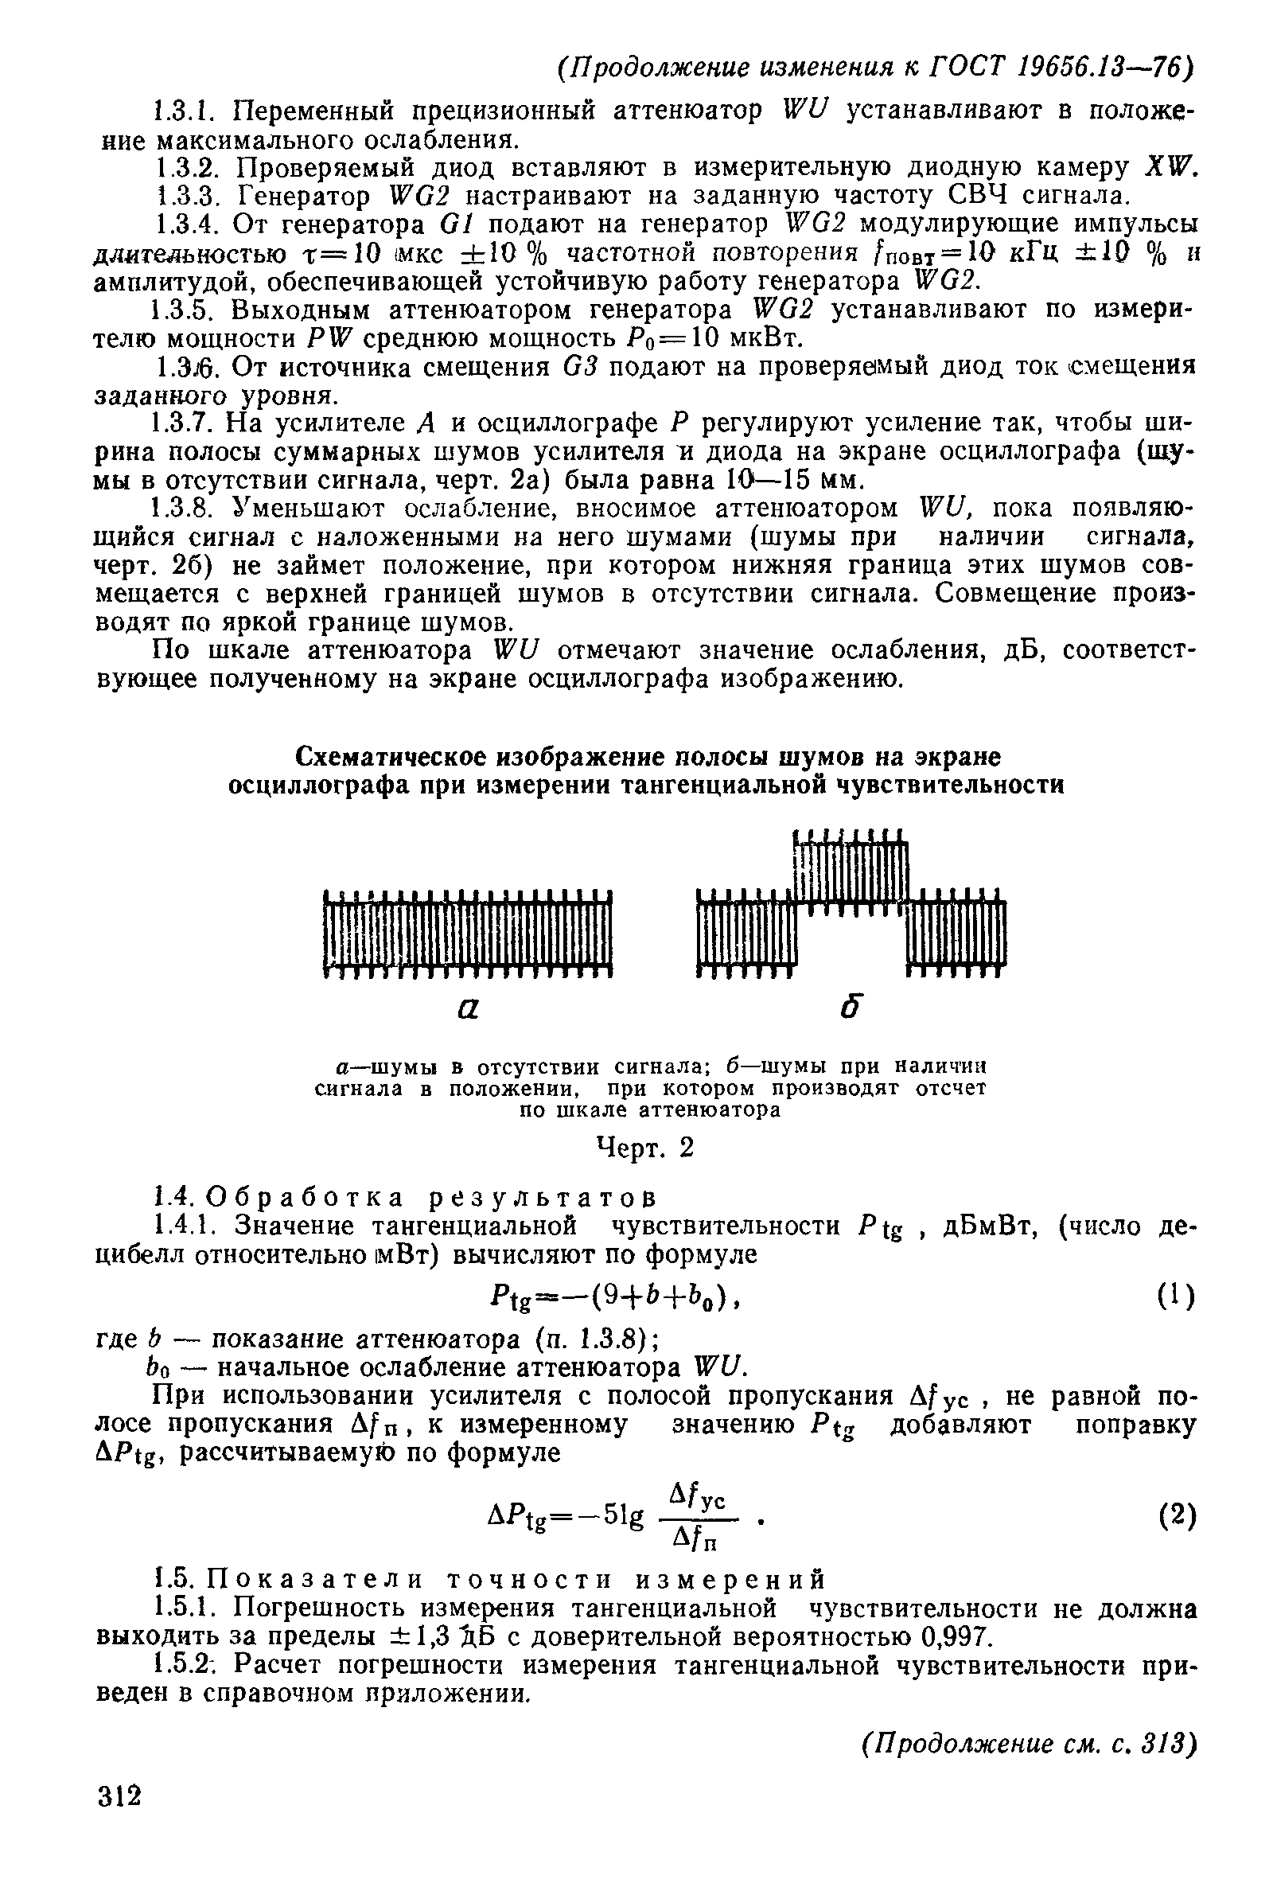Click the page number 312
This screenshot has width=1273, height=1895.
[x=119, y=1796]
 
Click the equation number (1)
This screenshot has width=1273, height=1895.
[x=1176, y=1296]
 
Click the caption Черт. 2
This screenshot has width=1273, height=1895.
[x=645, y=1148]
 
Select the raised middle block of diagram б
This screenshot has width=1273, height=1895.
[x=849, y=873]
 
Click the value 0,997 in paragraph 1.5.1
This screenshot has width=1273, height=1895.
[x=953, y=1636]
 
